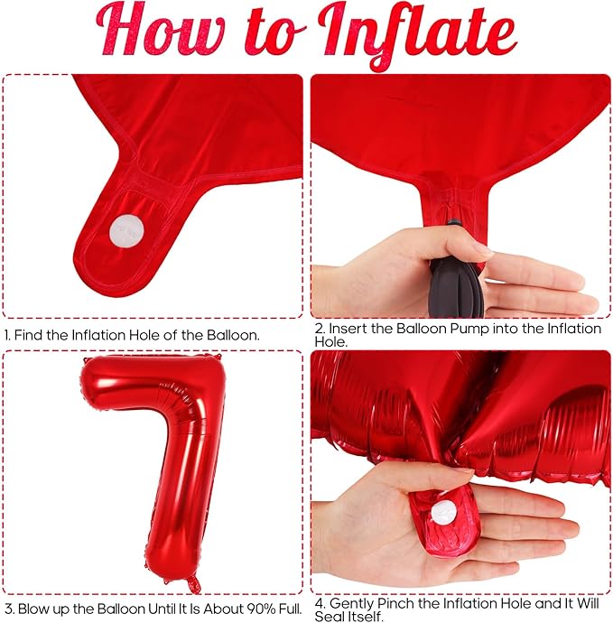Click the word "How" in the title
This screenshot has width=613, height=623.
tap(160, 31)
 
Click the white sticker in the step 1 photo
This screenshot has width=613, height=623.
tap(127, 230)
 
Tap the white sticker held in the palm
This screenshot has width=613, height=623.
tap(444, 512)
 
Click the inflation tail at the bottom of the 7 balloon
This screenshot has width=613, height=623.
tap(193, 583)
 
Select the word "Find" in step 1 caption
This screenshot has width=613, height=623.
tap(29, 335)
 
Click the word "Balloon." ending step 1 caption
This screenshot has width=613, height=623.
tap(233, 335)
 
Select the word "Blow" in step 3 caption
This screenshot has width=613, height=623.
tap(33, 609)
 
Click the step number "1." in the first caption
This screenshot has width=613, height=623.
tap(7, 335)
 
